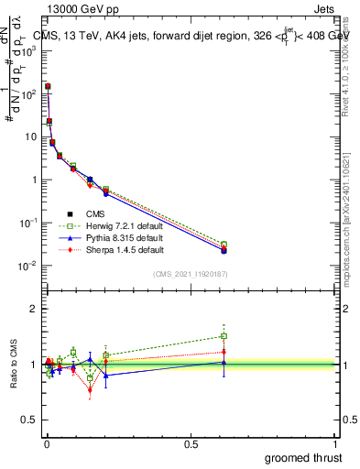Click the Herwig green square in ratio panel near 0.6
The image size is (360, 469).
[224, 336]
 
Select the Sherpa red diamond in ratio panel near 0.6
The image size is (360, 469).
[224, 352]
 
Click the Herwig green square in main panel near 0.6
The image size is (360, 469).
[224, 245]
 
